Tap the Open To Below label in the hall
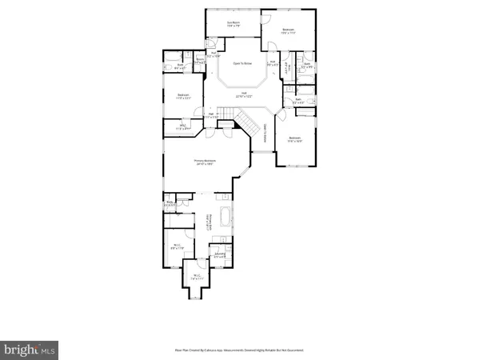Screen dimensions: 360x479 (243, 62)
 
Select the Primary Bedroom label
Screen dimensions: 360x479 (205, 162)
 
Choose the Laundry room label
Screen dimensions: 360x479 (219, 255)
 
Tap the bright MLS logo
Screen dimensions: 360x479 (30, 349)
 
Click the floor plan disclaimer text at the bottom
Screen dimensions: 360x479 (239, 350)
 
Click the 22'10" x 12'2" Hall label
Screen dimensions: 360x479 (243, 94)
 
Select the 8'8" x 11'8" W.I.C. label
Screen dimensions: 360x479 (178, 247)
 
